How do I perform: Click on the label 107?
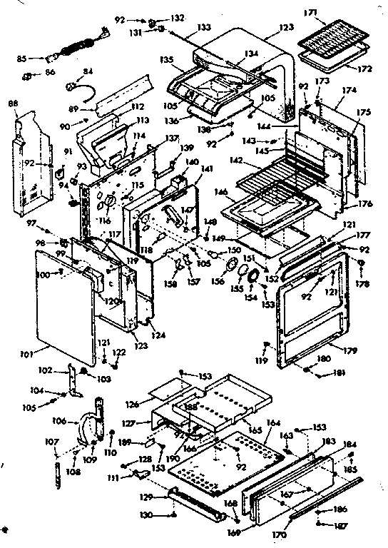(x=51, y=442)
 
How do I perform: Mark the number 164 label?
(x=272, y=423)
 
